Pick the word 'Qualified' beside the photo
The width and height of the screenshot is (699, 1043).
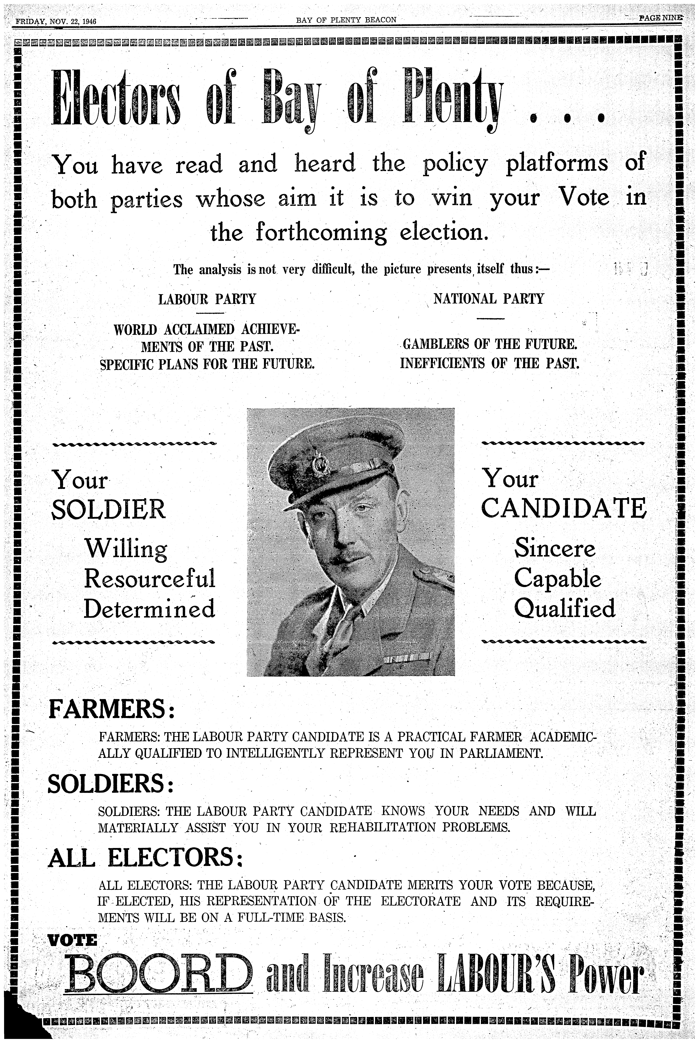564,608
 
